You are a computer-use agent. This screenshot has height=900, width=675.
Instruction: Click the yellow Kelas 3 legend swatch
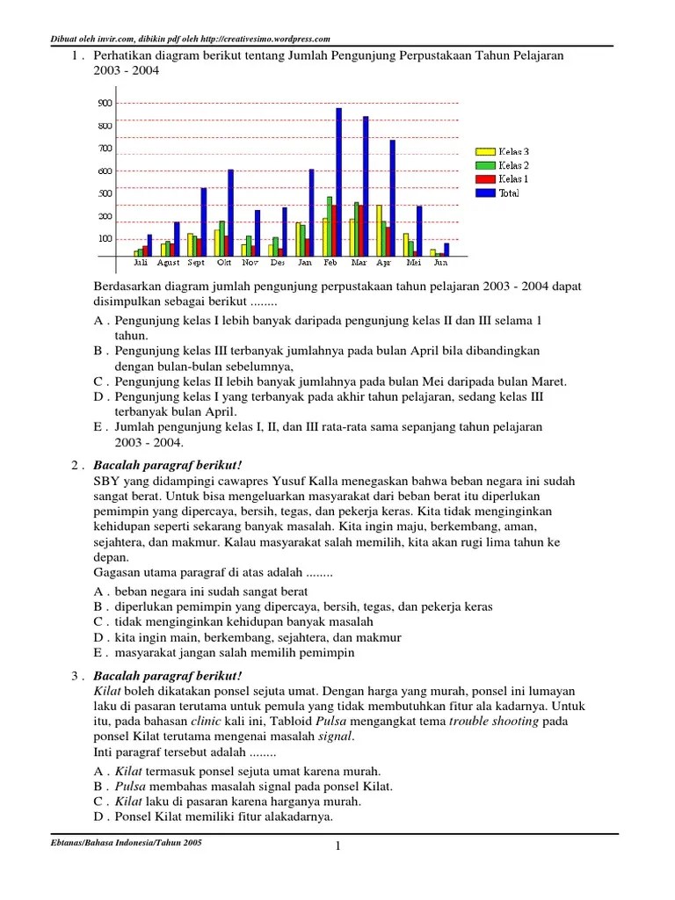[485, 152]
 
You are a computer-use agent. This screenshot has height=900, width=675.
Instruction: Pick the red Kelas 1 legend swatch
[485, 179]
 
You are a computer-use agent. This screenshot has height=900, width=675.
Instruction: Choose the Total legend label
[509, 193]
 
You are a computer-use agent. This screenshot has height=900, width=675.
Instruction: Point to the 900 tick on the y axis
[105, 103]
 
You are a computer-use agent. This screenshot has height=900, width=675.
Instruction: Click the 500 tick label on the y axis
[105, 193]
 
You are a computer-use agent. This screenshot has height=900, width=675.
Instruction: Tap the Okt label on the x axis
[224, 263]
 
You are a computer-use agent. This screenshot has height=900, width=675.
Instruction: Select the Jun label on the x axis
[440, 263]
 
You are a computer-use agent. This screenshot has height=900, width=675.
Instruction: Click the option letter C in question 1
[99, 381]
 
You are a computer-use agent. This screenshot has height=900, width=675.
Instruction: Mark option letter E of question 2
[99, 653]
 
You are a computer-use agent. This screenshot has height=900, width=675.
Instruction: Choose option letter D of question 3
[99, 817]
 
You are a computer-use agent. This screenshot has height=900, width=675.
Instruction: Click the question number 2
[76, 465]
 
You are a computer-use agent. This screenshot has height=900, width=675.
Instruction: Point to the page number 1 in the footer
[337, 846]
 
